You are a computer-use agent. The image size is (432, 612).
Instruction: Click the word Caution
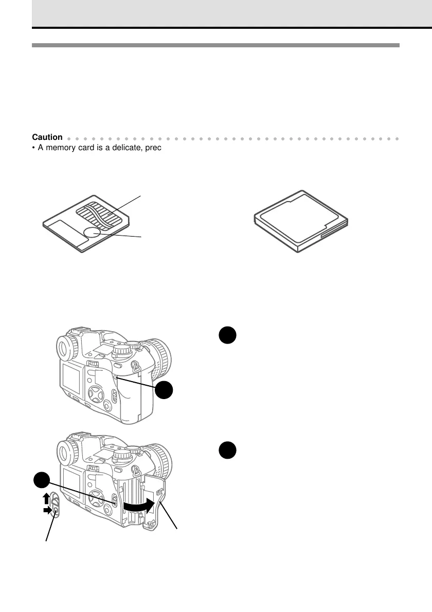(47, 137)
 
